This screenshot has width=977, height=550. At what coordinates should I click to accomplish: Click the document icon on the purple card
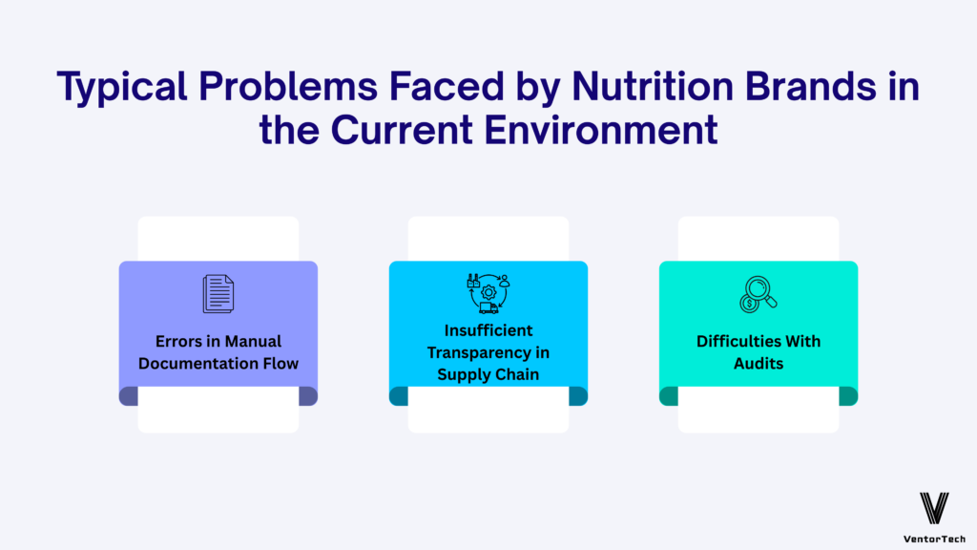(x=218, y=293)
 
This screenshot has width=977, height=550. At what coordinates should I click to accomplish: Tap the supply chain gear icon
(x=488, y=293)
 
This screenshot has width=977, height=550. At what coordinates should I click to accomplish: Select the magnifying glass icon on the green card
(x=759, y=293)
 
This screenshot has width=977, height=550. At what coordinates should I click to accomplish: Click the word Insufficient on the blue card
(x=488, y=330)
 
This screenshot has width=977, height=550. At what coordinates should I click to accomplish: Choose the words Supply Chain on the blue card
(x=488, y=373)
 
